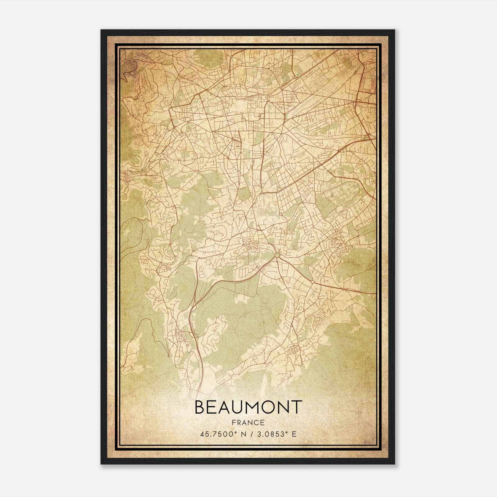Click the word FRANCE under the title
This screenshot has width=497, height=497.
coord(248,422)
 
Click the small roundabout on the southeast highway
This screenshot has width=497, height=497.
coord(312,282)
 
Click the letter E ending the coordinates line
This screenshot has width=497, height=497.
coord(294,434)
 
